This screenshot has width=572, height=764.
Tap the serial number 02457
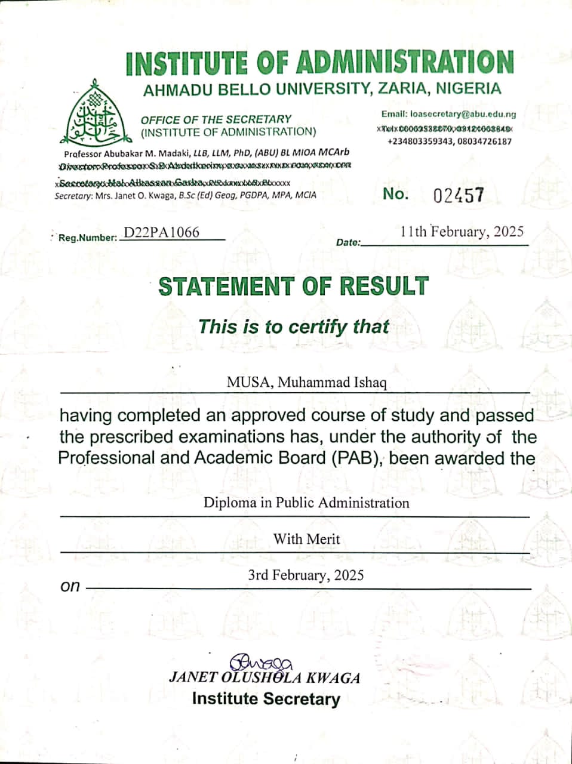click(x=458, y=195)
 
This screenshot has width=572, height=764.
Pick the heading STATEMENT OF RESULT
click(x=293, y=287)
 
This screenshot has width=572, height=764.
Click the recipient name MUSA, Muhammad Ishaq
click(x=306, y=382)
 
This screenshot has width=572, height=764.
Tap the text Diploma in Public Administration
click(x=306, y=502)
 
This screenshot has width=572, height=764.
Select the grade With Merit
click(x=306, y=539)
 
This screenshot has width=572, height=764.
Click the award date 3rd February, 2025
click(x=306, y=575)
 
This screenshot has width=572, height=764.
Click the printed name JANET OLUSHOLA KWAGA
click(x=265, y=678)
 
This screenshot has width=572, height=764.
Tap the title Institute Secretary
click(x=266, y=699)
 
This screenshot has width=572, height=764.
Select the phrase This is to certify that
click(x=293, y=326)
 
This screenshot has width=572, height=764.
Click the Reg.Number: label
click(x=88, y=238)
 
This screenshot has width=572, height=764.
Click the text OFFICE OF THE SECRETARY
click(x=216, y=119)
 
